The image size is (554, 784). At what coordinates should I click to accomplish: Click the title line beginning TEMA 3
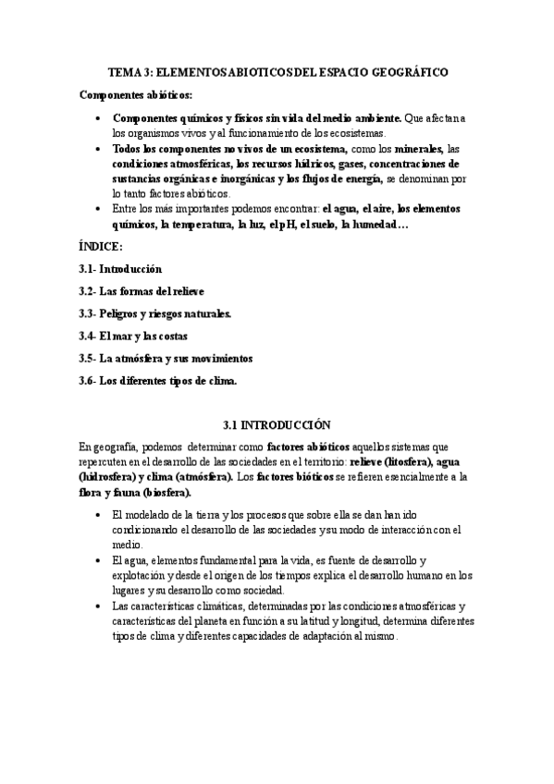[277, 71]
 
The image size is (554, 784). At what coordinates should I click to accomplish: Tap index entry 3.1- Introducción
[121, 269]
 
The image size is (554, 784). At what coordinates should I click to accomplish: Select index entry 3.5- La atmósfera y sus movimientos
[166, 357]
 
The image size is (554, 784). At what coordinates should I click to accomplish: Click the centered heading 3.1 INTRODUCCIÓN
[277, 425]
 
